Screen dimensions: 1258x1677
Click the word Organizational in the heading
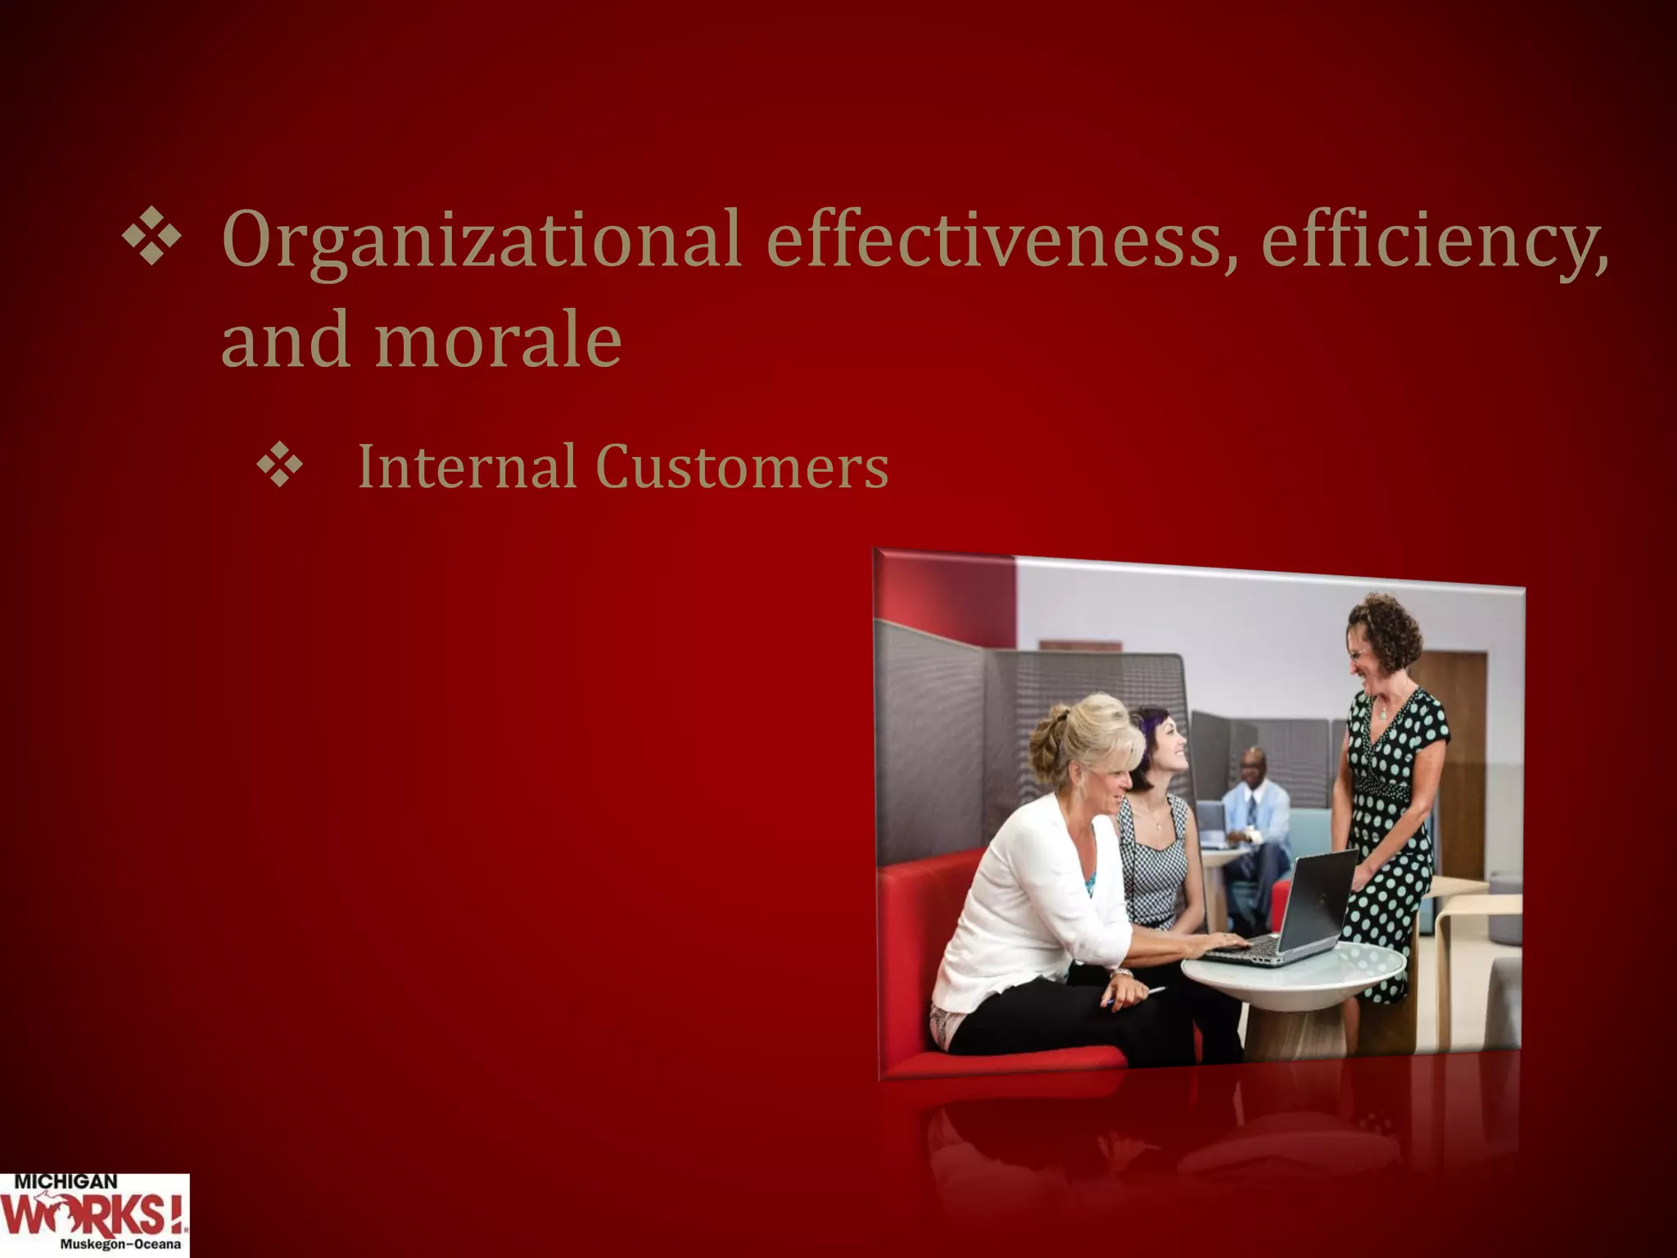point(481,239)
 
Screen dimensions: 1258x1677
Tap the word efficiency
point(1433,239)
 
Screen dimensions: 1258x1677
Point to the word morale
point(498,339)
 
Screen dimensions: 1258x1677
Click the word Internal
point(467,467)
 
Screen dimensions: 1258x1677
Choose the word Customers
point(742,467)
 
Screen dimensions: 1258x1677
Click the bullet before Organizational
point(151,238)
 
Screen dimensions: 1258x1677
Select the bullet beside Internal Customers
point(280,467)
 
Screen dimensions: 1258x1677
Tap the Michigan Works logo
point(94,1215)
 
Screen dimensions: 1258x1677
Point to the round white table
point(1294,975)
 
